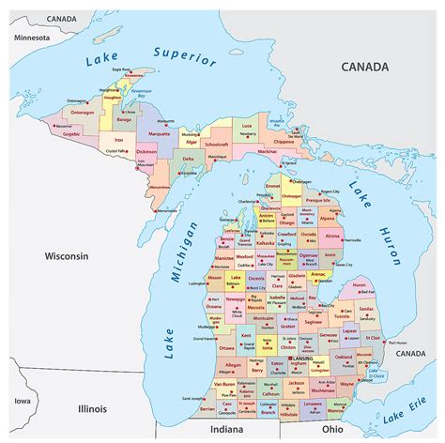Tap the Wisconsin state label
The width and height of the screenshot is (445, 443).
[63, 255]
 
